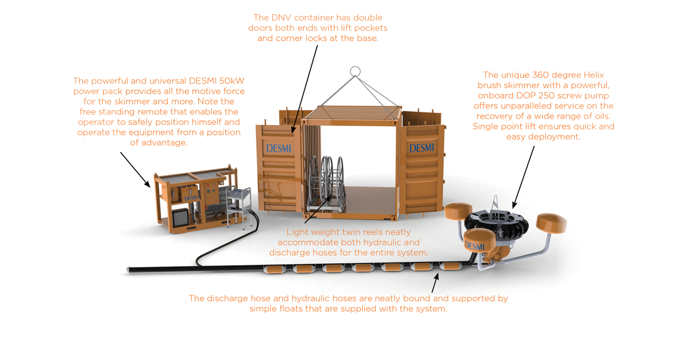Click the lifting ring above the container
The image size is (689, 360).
(x=355, y=71)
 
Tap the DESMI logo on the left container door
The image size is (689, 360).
(x=279, y=149)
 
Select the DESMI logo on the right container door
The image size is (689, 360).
(x=422, y=148)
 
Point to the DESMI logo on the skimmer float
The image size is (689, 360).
(x=474, y=247)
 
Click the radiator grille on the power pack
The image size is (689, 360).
(x=181, y=217)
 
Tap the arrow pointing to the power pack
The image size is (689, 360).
(x=135, y=170)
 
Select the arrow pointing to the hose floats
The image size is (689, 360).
(x=435, y=283)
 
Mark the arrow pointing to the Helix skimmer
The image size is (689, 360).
(x=523, y=177)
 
